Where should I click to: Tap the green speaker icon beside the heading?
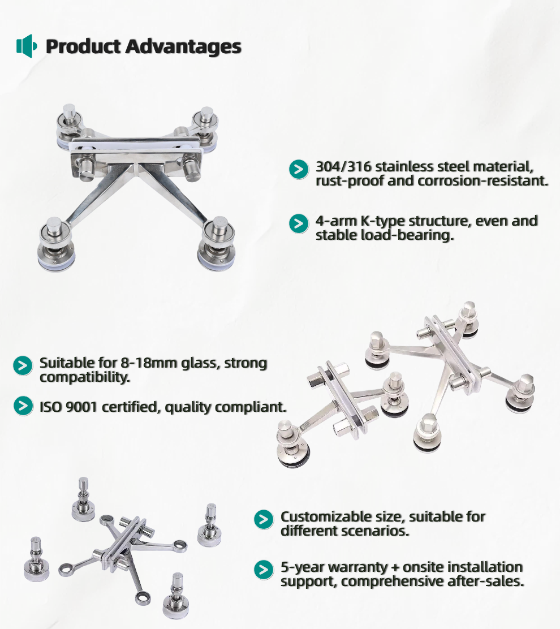pyautogui.click(x=27, y=46)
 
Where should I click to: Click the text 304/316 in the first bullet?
pyautogui.click(x=343, y=166)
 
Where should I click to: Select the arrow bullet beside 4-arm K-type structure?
pyautogui.click(x=299, y=223)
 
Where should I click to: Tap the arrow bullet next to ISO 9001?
pyautogui.click(x=23, y=406)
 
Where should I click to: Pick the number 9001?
pyautogui.click(x=81, y=407)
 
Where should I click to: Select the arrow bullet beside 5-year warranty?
pyautogui.click(x=264, y=570)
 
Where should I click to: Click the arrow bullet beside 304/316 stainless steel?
pyautogui.click(x=299, y=169)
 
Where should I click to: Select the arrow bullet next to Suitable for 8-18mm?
pyautogui.click(x=23, y=365)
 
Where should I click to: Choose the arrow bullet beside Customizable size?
pyautogui.click(x=264, y=519)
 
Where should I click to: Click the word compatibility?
pyautogui.click(x=85, y=377)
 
